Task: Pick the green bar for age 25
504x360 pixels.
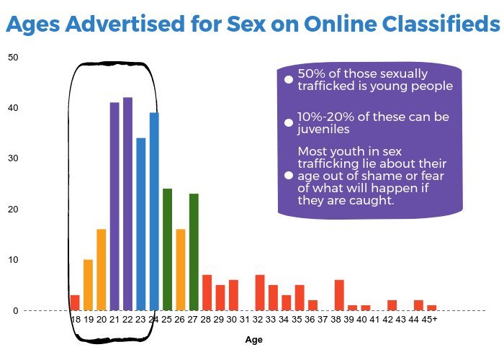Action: [167, 249]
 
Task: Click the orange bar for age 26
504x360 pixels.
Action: [181, 269]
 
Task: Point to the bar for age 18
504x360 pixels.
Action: [75, 302]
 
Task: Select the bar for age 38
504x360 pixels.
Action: [339, 294]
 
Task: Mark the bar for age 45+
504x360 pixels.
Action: [431, 307]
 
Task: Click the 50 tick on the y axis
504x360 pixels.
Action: [14, 57]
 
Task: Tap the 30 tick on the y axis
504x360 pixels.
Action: [14, 158]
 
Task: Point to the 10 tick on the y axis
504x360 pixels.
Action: [14, 260]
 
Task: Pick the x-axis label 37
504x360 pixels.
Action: [325, 319]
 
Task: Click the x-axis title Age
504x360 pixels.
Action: [253, 340]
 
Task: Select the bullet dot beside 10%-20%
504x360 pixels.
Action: [289, 123]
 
